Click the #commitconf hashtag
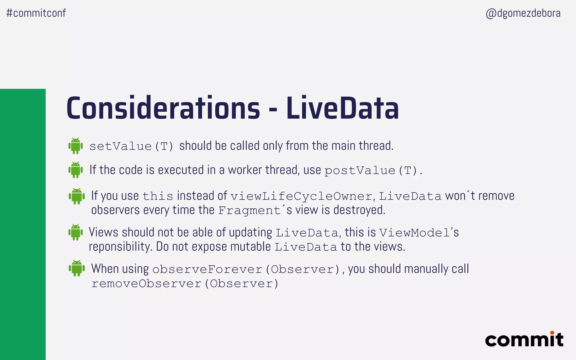(36, 13)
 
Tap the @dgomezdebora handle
(523, 13)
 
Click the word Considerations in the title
(163, 109)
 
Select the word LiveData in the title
(342, 109)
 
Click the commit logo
(524, 339)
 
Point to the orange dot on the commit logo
(552, 333)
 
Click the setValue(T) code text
(131, 146)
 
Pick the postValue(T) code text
(371, 170)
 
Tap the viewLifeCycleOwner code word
(301, 196)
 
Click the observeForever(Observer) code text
(246, 269)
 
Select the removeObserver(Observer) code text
(185, 283)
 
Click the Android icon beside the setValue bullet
(76, 146)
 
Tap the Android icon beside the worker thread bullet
(76, 170)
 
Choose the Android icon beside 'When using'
(76, 268)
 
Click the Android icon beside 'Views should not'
(76, 232)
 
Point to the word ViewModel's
(419, 233)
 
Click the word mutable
(250, 247)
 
